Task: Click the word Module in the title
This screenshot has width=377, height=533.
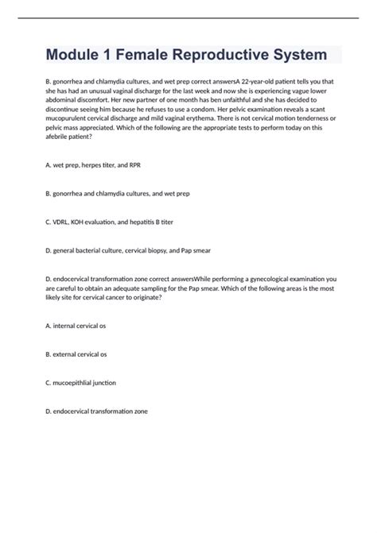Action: point(76,56)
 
